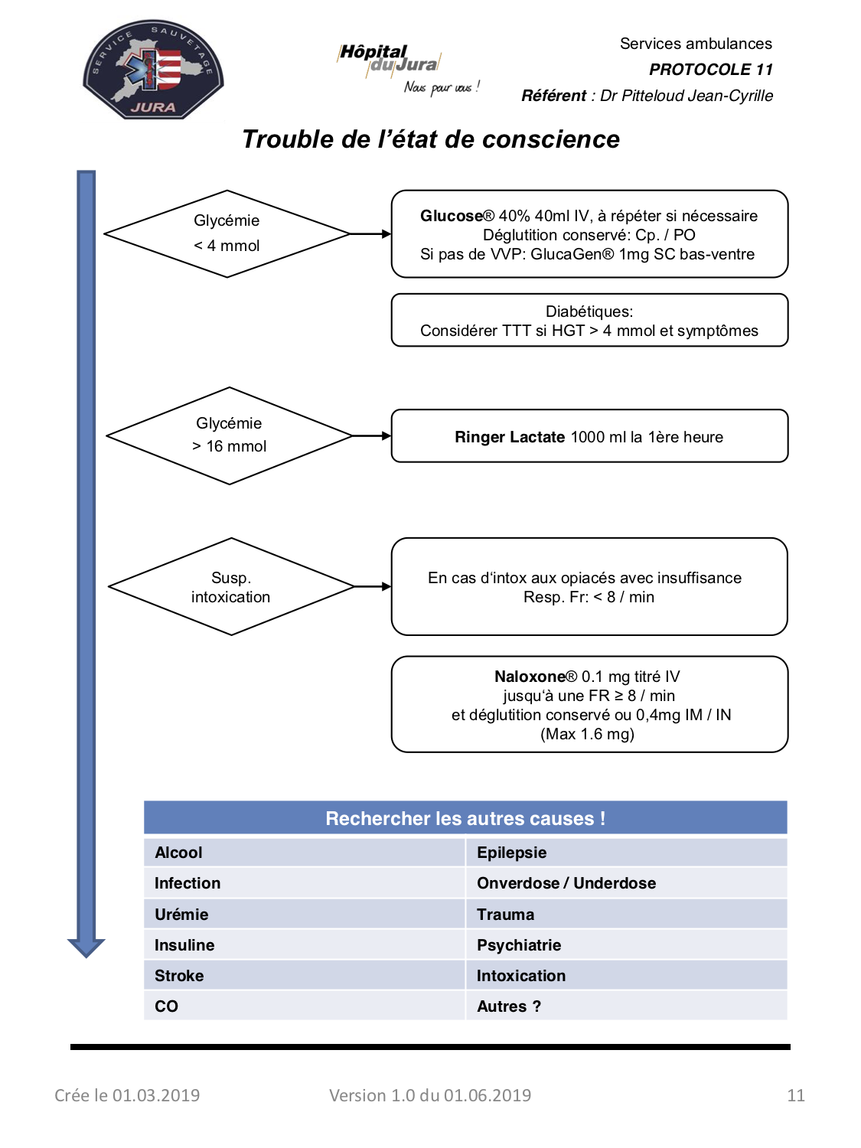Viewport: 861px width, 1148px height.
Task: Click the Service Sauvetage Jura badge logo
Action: point(153,69)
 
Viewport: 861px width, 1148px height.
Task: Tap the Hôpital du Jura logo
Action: point(408,69)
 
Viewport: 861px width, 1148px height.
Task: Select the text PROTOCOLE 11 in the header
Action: point(710,70)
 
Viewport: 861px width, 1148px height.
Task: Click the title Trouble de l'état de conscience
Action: point(431,139)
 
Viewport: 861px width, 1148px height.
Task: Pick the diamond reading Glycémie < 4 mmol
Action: point(227,233)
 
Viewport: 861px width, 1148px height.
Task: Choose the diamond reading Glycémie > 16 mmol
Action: point(229,435)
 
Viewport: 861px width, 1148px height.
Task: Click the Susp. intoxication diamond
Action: point(231,586)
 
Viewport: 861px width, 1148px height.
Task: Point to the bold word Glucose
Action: point(452,216)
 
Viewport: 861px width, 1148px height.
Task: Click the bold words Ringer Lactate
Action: point(510,437)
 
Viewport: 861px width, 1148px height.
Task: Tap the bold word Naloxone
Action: point(530,677)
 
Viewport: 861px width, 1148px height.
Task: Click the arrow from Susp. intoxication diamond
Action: point(372,586)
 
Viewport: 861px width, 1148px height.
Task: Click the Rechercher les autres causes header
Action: point(465,818)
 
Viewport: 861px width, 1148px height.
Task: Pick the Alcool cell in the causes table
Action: point(305,853)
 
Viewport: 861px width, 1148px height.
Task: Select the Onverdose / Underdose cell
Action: point(626,883)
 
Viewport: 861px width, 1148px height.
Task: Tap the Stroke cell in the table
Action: point(305,975)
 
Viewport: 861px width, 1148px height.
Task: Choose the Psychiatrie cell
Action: point(626,944)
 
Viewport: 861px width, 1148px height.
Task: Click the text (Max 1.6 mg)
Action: point(587,734)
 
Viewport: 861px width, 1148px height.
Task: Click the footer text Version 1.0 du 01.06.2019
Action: point(429,1094)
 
